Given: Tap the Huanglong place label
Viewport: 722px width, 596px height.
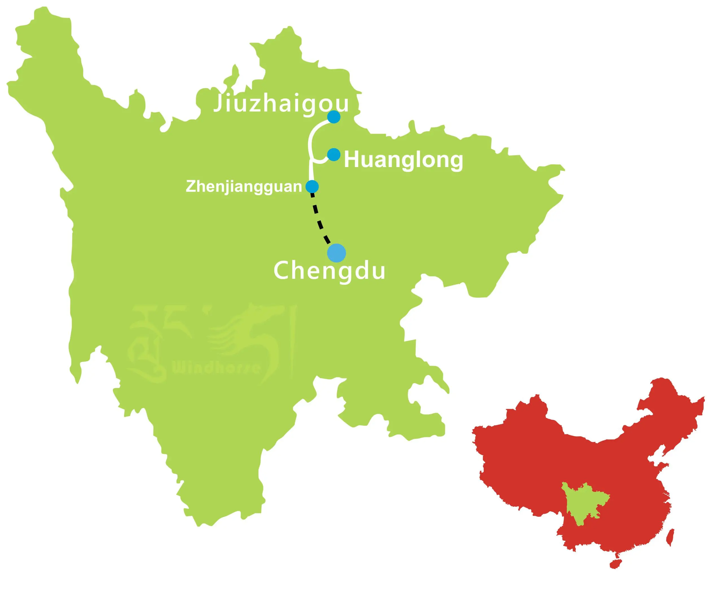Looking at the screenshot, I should (x=403, y=160).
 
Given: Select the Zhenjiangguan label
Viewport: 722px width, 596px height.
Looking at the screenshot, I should (x=244, y=187).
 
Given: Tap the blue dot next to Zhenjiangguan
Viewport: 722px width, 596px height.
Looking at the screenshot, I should (x=312, y=187).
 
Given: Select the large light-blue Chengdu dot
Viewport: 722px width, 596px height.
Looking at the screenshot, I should (x=336, y=253).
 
